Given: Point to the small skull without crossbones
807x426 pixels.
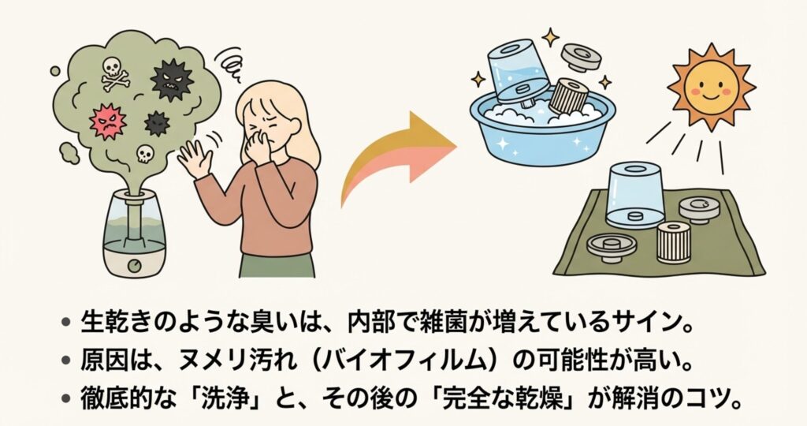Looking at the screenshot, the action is pyautogui.click(x=145, y=152).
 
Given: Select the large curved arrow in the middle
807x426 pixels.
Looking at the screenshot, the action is pyautogui.click(x=396, y=155).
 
